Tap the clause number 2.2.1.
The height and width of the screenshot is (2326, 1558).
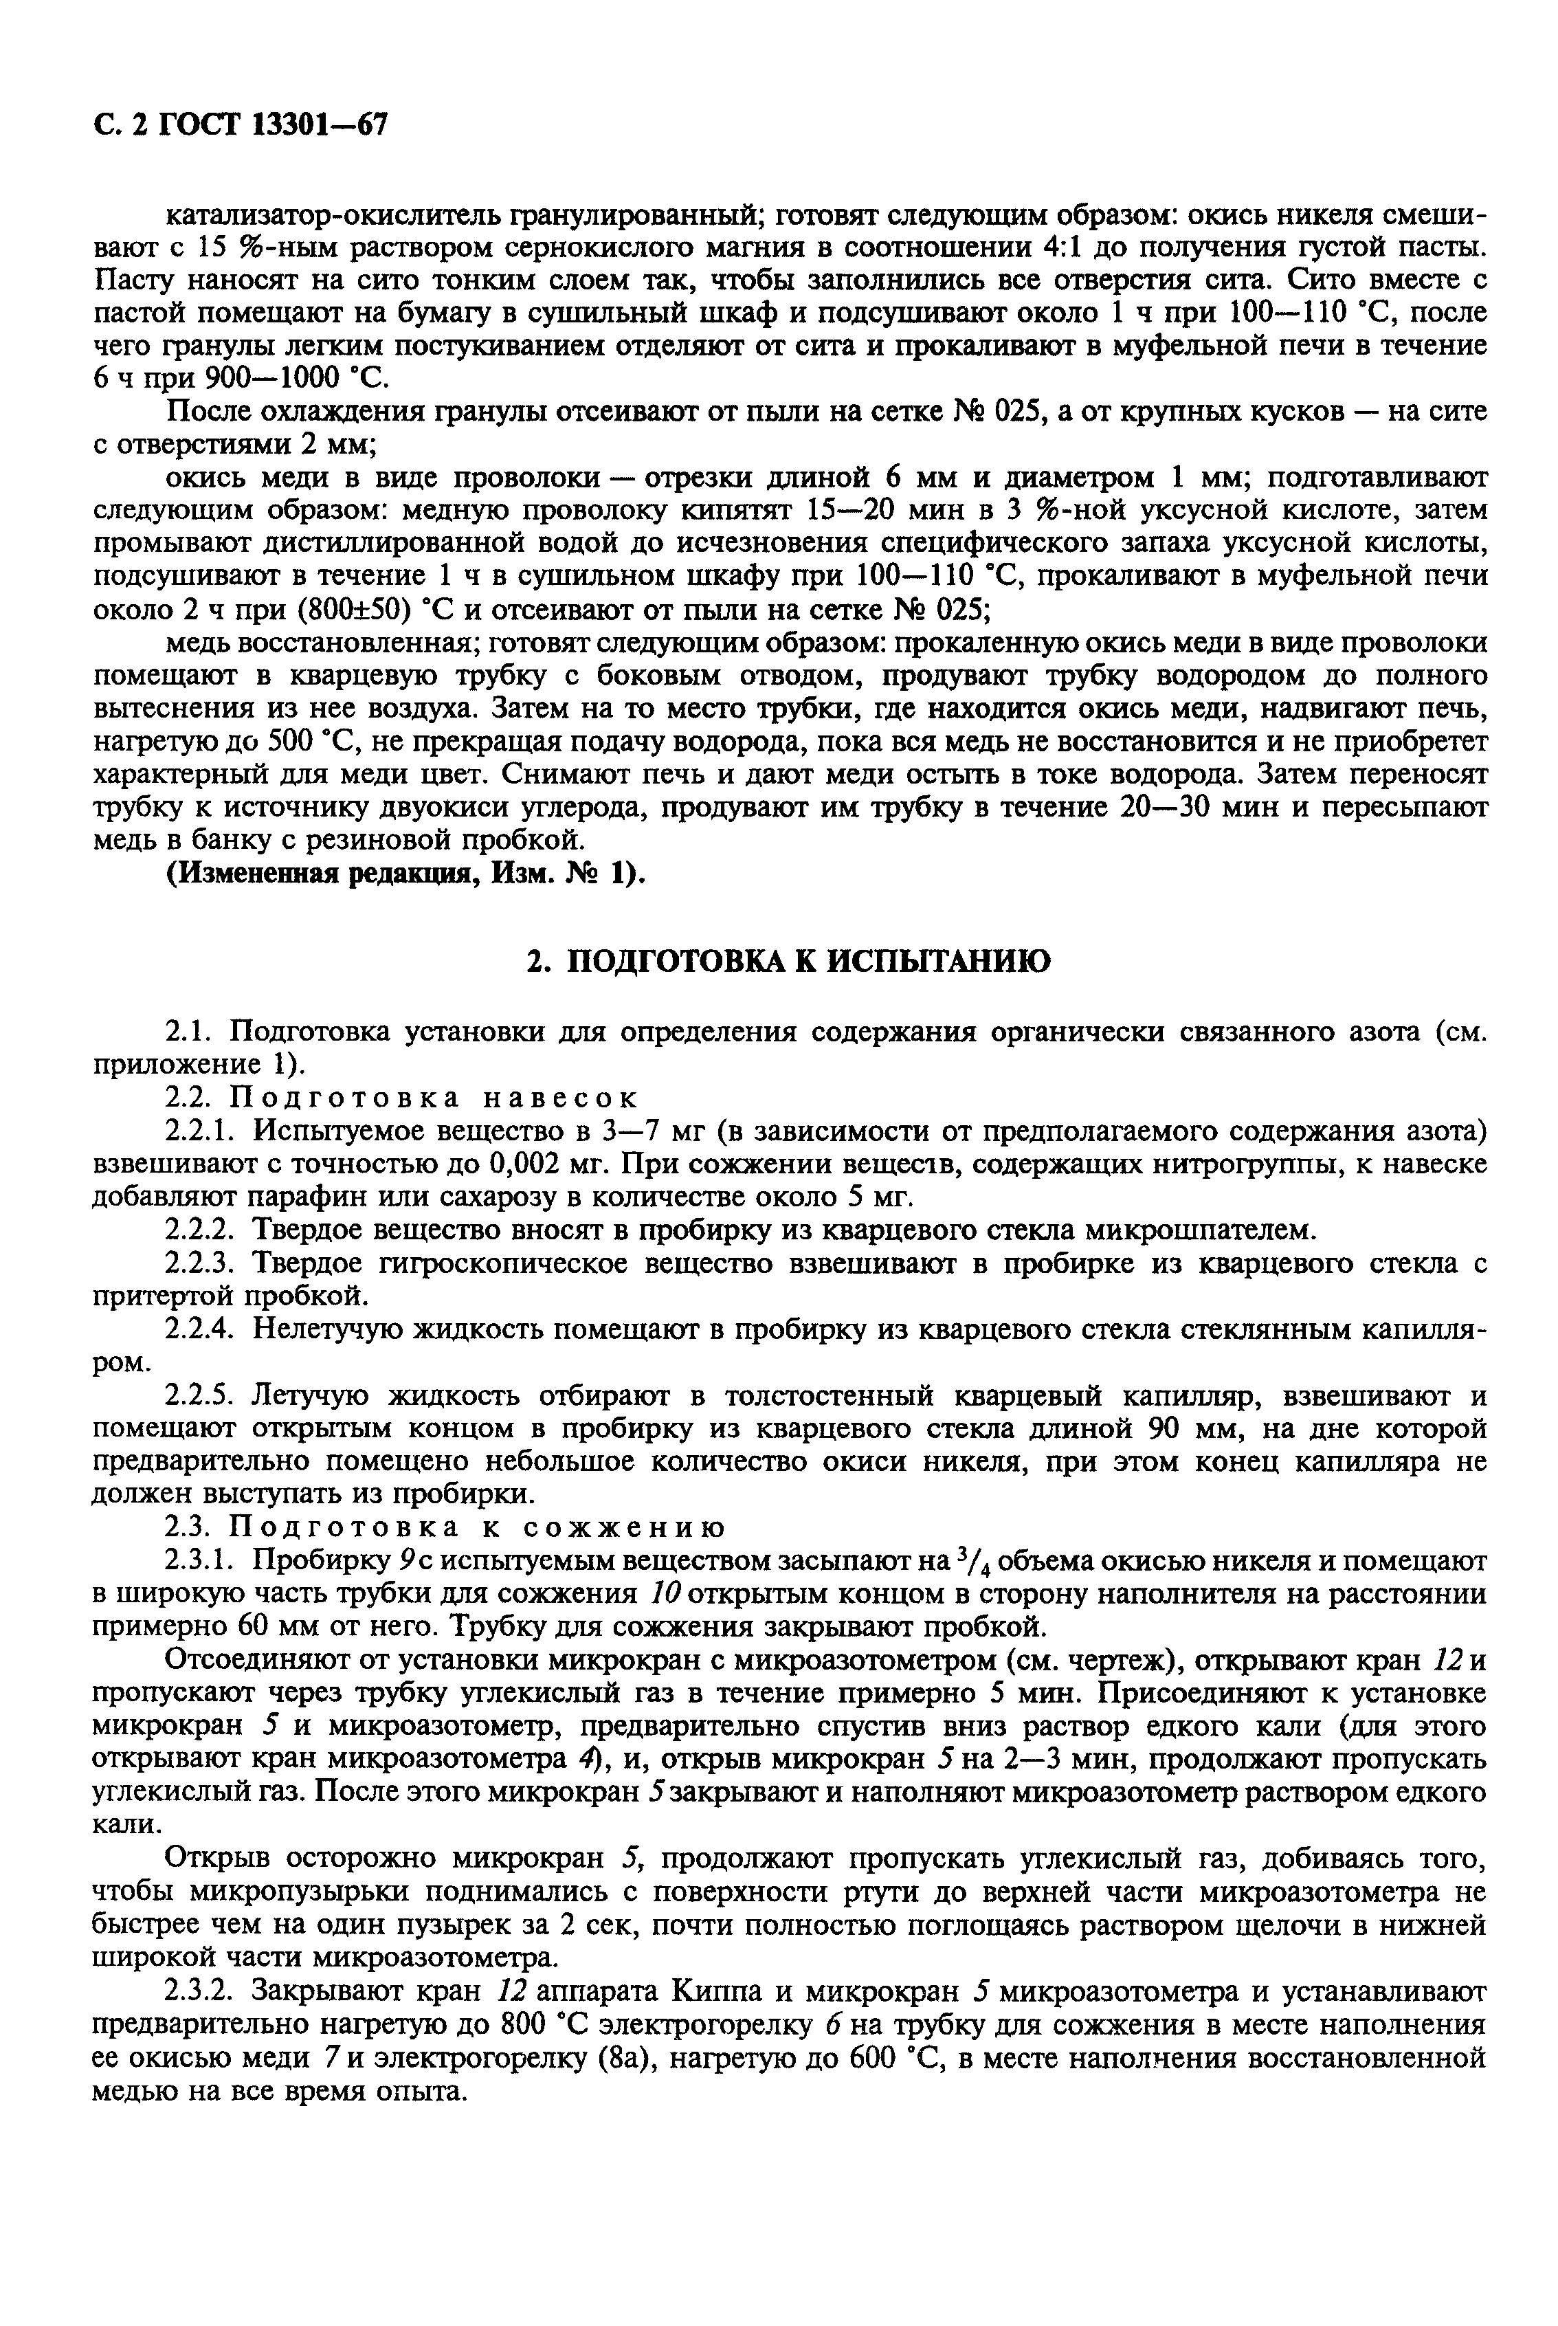point(201,1131)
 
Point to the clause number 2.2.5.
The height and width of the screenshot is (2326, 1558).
point(201,1396)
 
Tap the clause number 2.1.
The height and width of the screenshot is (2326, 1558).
point(189,1032)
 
